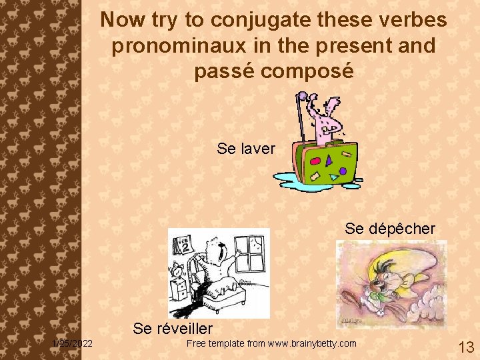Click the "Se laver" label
coord(245,149)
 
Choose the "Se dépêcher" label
coord(390,229)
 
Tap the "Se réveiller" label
coord(173,328)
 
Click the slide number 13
coord(466,347)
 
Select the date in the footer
coord(73,343)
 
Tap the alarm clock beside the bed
coord(178,272)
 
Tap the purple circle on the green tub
coord(343,171)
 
